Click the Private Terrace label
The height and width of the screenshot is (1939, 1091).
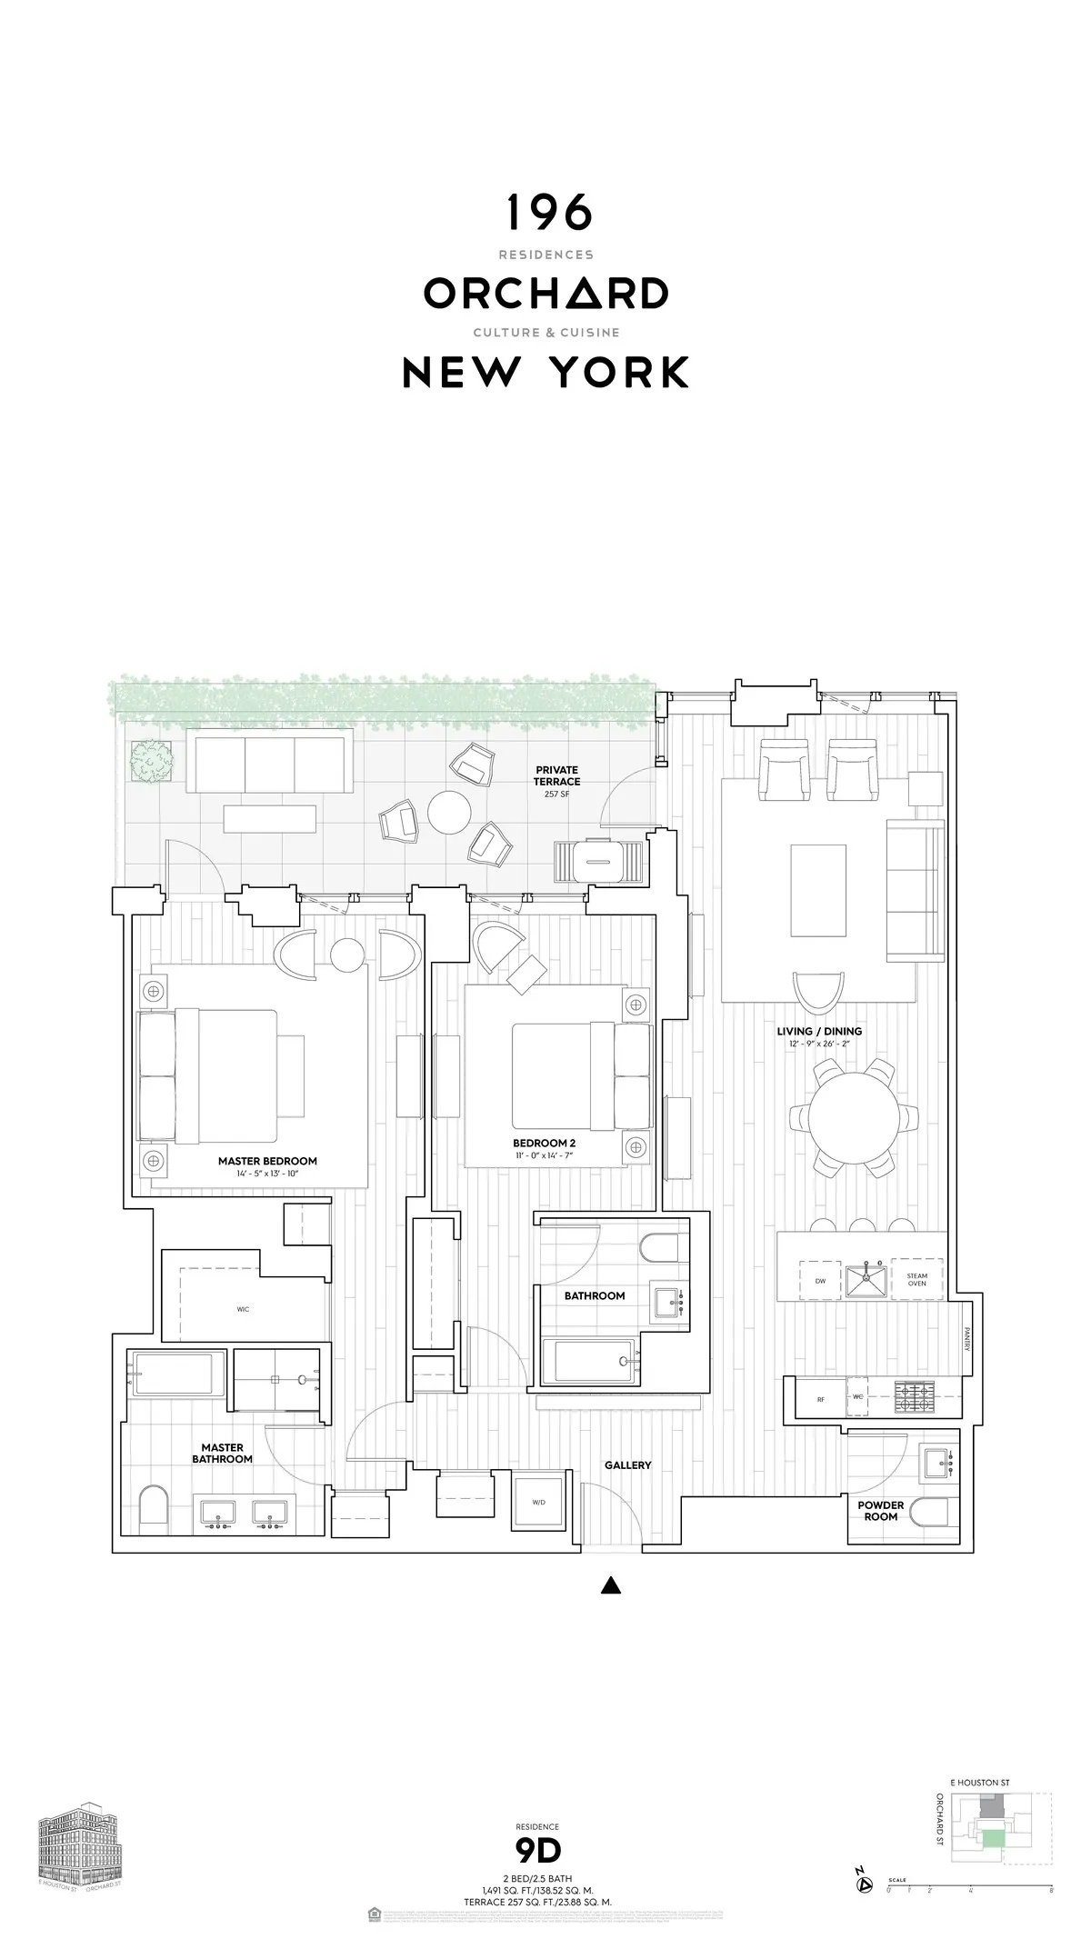(556, 776)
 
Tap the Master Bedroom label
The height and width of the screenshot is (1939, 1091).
(267, 1161)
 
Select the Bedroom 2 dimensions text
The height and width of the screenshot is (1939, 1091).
(545, 1155)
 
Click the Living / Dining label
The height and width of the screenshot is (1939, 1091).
(819, 1032)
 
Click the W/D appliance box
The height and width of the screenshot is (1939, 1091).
(538, 1503)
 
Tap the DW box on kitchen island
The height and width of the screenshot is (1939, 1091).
(821, 1280)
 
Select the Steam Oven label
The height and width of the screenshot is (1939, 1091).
(916, 1280)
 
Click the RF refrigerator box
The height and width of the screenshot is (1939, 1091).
(821, 1400)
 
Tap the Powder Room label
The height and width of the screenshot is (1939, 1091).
(881, 1511)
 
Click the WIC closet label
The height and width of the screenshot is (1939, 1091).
(243, 1309)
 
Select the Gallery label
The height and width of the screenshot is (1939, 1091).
(628, 1465)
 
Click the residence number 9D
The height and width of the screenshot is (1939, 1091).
(537, 1850)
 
